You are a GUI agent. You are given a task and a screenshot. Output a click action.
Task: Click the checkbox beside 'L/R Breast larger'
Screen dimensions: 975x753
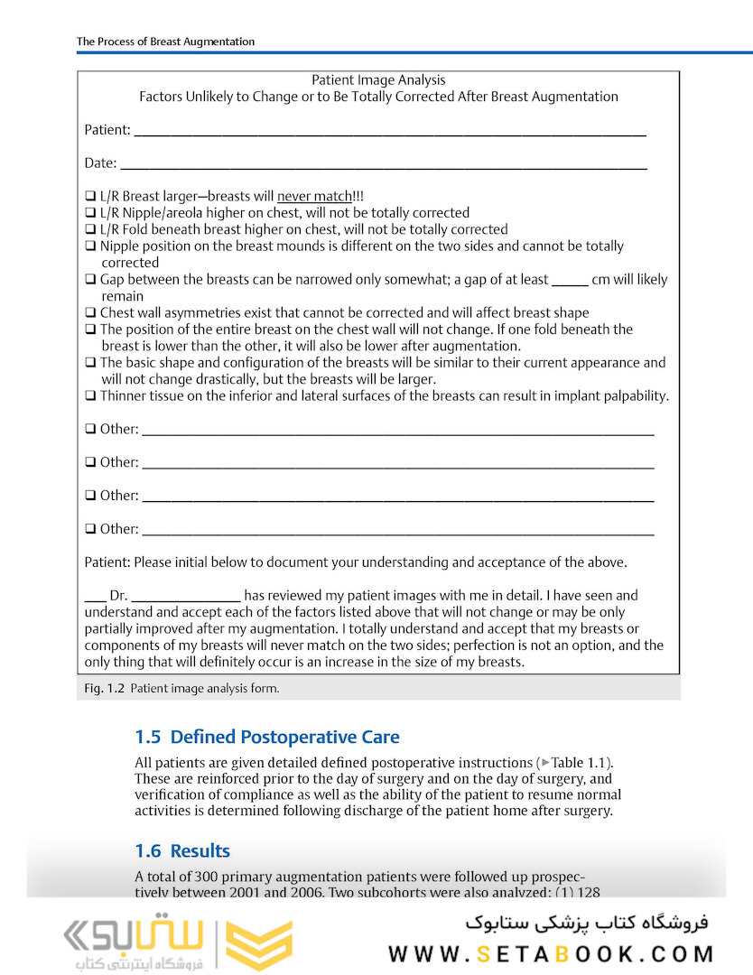(90, 196)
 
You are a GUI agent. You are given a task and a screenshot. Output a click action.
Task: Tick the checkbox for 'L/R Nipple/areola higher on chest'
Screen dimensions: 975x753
(90, 213)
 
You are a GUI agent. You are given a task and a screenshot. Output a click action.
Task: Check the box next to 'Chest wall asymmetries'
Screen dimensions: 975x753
(90, 313)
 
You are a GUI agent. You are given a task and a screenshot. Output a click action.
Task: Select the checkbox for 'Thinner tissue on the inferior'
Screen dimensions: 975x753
(90, 396)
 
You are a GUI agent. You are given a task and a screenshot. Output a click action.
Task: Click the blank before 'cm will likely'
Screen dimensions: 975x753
(569, 282)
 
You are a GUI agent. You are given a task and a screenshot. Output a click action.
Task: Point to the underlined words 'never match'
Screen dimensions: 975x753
(313, 196)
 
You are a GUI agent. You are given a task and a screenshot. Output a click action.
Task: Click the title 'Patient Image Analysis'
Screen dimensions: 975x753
(378, 80)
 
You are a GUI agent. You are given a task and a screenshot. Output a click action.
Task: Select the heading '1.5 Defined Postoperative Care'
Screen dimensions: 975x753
(266, 737)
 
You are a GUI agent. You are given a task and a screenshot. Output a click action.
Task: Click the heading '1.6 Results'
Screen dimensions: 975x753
(182, 850)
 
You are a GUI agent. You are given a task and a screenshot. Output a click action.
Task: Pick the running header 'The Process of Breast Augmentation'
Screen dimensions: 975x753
(165, 42)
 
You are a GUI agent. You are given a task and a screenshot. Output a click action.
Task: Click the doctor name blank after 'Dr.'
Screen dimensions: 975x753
(186, 598)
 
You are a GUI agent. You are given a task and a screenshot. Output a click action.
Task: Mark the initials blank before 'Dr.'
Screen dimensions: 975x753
(95, 598)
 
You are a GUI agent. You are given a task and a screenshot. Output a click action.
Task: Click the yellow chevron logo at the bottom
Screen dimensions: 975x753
(258, 945)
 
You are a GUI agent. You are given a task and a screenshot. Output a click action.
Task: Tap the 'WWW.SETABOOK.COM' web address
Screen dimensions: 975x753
(551, 954)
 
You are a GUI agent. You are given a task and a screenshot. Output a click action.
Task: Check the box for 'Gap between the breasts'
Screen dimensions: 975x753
(90, 280)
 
